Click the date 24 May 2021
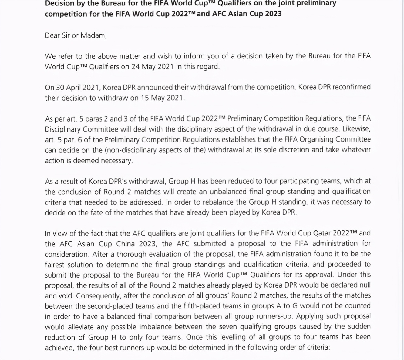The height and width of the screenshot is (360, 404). point(153,67)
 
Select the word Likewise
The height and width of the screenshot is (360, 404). point(356,129)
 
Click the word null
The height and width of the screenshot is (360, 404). point(365,285)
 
